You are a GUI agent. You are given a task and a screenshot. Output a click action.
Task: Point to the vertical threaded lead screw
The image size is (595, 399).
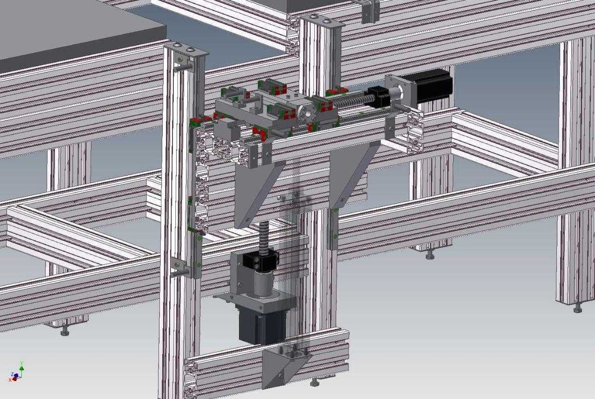point(265,236)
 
